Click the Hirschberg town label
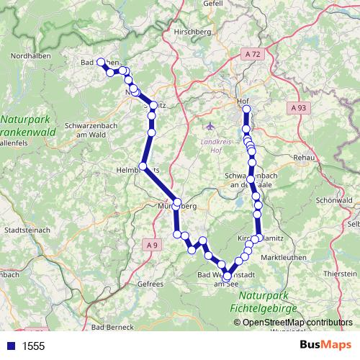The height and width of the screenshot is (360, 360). [205, 32]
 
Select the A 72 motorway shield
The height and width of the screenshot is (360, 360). [253, 55]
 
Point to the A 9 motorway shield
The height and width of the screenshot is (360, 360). [151, 246]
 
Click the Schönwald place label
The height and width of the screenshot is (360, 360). [331, 200]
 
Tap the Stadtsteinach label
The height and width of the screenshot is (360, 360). [28, 230]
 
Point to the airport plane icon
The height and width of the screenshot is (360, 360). [210, 127]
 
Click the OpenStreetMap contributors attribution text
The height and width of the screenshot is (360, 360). [297, 323]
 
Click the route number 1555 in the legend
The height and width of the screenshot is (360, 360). [33, 346]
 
